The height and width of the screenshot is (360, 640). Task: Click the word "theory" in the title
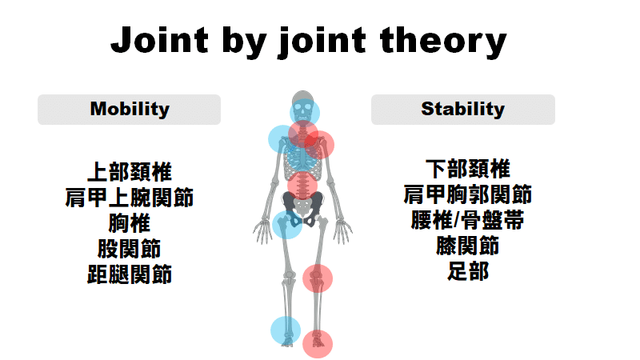point(443,42)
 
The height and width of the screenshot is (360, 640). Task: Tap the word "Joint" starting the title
point(159,40)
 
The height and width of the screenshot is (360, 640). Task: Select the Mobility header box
point(130,110)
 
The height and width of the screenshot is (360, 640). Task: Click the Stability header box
point(463,110)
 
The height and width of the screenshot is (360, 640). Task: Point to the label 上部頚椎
point(130,172)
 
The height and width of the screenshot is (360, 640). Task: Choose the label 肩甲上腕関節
point(130,198)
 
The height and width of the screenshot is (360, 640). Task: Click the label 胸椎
point(130,223)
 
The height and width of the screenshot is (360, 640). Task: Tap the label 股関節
point(130,249)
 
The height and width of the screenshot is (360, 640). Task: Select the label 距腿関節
point(130,274)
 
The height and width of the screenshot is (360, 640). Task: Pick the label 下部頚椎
point(468,169)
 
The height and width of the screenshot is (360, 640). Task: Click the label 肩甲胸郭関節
point(468,194)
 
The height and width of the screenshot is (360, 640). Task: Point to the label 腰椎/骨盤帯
point(468,221)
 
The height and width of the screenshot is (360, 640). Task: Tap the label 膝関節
point(468,246)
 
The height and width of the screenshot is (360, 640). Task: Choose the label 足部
point(468,271)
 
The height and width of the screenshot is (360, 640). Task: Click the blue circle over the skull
point(305,113)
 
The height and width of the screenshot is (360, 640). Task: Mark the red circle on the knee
point(318,278)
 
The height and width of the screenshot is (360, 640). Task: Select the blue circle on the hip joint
point(287,224)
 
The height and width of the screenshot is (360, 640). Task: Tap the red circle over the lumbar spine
point(302,186)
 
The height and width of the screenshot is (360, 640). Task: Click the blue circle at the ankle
point(286,330)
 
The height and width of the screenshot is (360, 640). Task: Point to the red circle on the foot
point(318,344)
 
